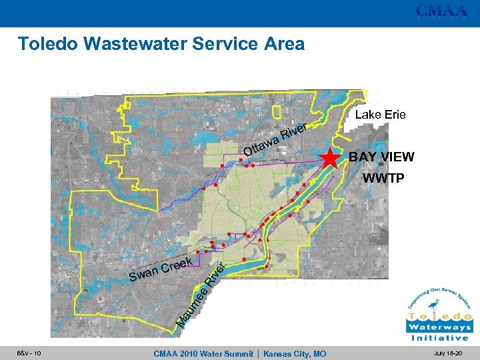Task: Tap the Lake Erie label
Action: (380, 115)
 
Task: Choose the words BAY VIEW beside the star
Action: (381, 157)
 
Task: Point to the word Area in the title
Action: (283, 44)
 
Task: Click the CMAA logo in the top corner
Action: (441, 11)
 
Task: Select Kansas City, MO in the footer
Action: (295, 353)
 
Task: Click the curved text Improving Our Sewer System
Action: (439, 294)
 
